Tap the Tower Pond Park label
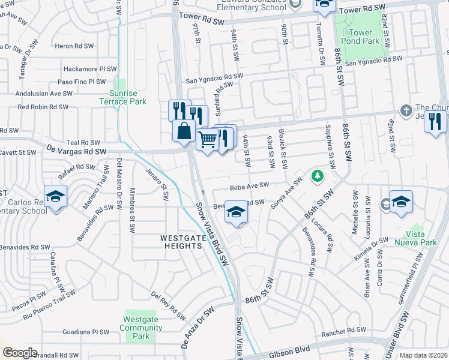[364, 37]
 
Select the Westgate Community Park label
[141, 328]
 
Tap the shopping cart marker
[207, 139]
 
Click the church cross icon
[406, 110]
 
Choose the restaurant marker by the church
[435, 122]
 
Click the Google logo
[19, 353]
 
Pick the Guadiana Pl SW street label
[88, 331]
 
